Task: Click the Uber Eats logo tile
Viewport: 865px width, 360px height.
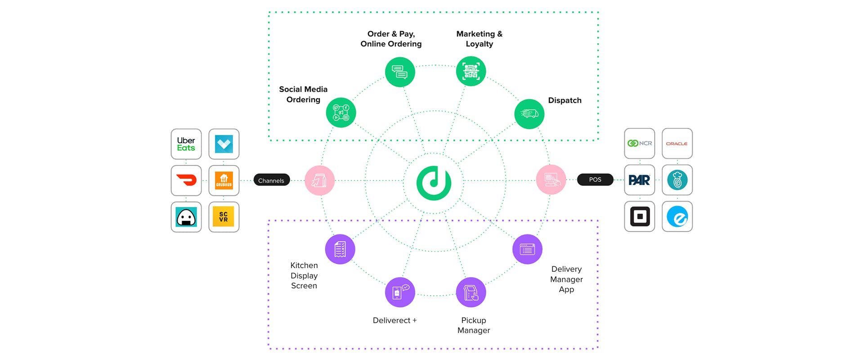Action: pos(186,144)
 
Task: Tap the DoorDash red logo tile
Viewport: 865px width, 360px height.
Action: pos(186,180)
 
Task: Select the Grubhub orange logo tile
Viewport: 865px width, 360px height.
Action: pos(224,180)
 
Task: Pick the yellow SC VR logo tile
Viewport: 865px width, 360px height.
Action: pos(224,217)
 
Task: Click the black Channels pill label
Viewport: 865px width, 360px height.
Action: pos(271,180)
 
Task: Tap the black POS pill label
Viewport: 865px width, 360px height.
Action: pos(595,180)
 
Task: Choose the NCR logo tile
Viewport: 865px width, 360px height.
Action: pos(639,144)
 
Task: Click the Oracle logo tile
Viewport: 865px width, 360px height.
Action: pos(677,144)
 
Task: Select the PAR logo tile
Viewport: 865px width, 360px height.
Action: pos(639,180)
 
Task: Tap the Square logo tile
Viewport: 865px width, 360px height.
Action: pos(639,216)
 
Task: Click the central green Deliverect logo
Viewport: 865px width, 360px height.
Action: pos(434,183)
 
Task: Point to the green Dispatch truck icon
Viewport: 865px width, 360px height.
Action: pos(529,114)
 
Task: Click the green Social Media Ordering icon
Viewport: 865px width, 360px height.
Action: pos(341,112)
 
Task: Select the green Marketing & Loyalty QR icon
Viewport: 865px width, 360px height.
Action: pos(471,71)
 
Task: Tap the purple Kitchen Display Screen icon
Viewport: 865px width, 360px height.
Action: pos(340,249)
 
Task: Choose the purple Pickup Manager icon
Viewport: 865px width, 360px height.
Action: pos(471,292)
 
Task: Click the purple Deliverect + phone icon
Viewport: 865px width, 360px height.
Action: pos(400,292)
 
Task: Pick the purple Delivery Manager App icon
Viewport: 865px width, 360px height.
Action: pos(527,249)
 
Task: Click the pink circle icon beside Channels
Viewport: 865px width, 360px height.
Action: pos(319,180)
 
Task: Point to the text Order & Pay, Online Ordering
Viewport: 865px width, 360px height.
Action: pos(391,39)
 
